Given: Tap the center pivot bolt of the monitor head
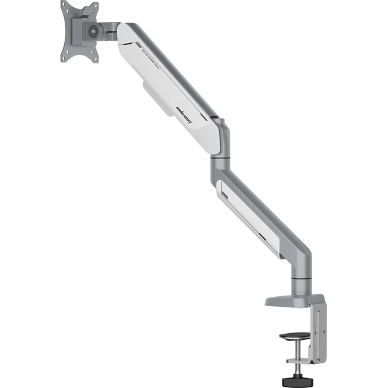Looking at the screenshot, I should [93, 30].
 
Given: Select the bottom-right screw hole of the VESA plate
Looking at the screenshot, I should [94, 56].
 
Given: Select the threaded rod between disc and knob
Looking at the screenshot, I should [291, 357].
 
